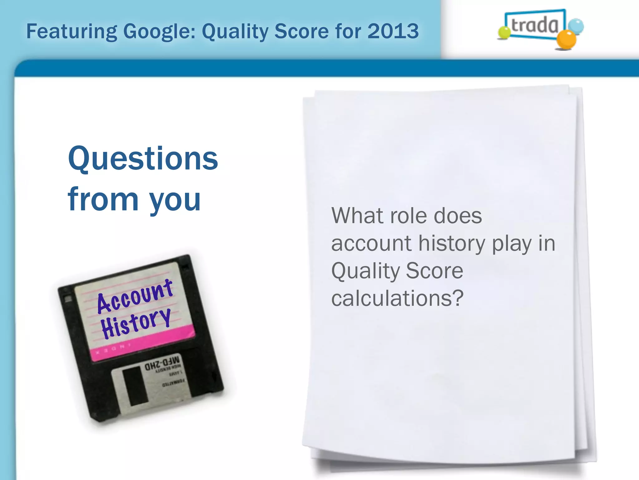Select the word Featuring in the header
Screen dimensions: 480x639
pos(71,32)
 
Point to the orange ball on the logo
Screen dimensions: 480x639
pos(566,40)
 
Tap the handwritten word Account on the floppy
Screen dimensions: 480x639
pos(135,296)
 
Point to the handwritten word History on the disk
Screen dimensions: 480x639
pos(136,323)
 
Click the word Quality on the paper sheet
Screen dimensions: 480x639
pos(365,271)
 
